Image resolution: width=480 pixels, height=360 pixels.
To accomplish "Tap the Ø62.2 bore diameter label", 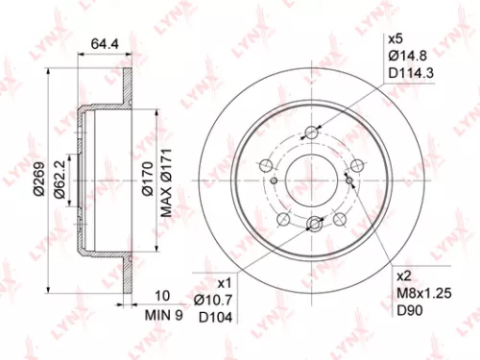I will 60,180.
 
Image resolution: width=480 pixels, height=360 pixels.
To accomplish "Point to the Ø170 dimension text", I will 148,180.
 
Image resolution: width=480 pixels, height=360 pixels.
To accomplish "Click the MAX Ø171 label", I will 165,180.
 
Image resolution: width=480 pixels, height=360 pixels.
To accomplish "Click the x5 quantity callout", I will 393,38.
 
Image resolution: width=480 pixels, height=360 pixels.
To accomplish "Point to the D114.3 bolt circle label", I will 409,73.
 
